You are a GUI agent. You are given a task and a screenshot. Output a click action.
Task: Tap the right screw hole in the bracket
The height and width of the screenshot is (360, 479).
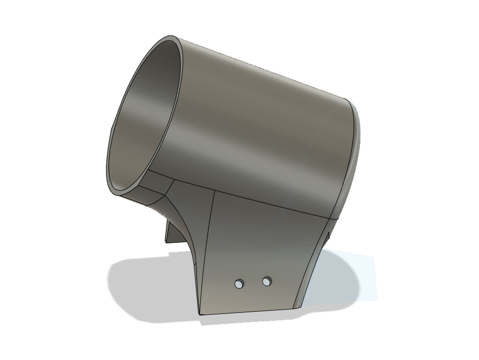click(267, 281)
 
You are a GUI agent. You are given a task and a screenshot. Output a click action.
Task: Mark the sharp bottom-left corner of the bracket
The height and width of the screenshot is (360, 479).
click(200, 314)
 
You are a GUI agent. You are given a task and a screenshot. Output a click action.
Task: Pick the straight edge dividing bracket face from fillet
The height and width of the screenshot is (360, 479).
click(207, 252)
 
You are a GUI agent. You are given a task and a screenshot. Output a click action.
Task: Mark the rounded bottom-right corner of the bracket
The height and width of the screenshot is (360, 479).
click(297, 306)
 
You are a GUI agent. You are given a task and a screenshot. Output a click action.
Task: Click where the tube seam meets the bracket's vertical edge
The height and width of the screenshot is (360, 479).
click(215, 190)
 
